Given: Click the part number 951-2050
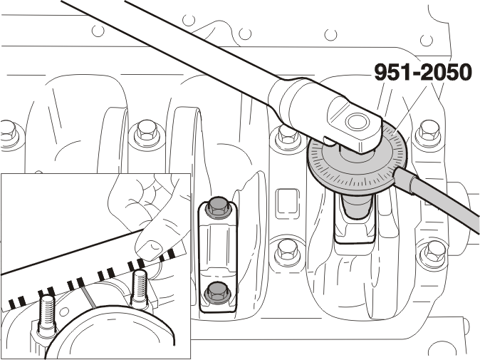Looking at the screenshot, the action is pyautogui.click(x=423, y=72).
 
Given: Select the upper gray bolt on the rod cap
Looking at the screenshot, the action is pyautogui.click(x=218, y=208).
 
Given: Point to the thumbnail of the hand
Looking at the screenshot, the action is pyautogui.click(x=152, y=245).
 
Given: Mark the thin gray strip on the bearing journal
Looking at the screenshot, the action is pyautogui.click(x=88, y=296).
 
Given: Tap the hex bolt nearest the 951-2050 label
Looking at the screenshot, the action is pyautogui.click(x=430, y=133).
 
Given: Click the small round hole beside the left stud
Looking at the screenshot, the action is pyautogui.click(x=64, y=312).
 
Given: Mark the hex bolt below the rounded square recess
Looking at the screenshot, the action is pyautogui.click(x=288, y=252).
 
